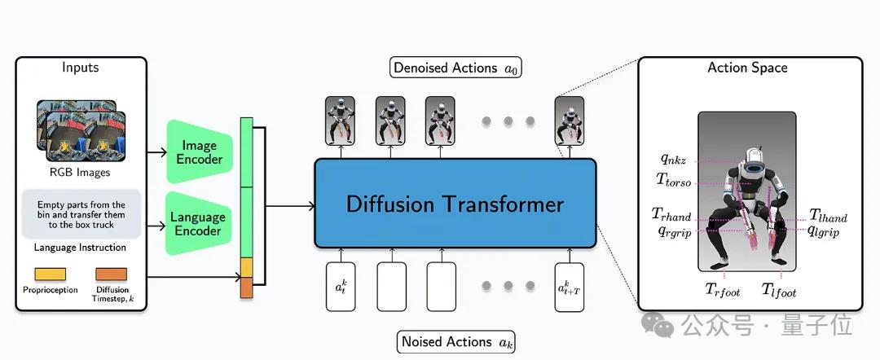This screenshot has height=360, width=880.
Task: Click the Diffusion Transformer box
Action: [x=455, y=203]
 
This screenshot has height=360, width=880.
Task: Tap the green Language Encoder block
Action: [x=198, y=223]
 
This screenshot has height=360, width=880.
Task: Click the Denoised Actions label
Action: [x=455, y=68]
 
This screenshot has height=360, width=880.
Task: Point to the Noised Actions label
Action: [x=455, y=341]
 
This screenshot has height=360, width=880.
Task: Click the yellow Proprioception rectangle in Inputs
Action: [x=51, y=274]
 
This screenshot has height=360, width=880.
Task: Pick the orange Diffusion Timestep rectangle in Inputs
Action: [x=111, y=274]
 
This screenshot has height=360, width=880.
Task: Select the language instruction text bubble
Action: [x=81, y=215]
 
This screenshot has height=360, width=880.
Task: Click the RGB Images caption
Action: [x=80, y=173]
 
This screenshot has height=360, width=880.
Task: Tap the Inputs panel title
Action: [x=80, y=68]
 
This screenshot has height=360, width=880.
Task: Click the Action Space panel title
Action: [x=747, y=68]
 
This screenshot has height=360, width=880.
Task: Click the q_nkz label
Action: [x=673, y=160]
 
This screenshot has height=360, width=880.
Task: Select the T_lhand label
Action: [x=829, y=215]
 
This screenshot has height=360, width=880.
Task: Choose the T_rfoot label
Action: [x=723, y=290]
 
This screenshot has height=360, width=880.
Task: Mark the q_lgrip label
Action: [x=824, y=230]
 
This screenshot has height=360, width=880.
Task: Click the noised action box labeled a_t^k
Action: [x=341, y=287]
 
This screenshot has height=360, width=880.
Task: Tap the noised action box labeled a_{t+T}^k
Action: [x=570, y=287]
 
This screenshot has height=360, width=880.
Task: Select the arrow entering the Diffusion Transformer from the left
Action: [x=289, y=206]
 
